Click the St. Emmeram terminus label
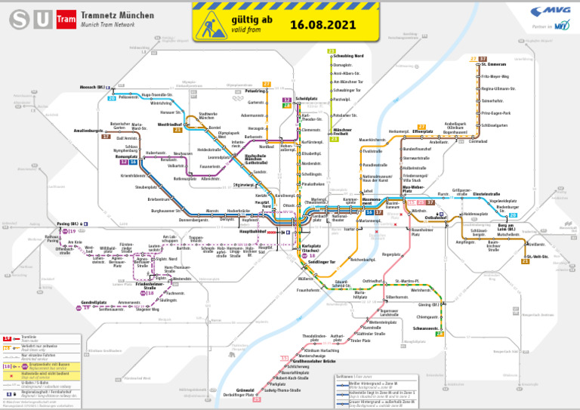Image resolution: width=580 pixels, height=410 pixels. pos(493,65)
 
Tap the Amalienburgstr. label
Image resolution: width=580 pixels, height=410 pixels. pos(88,131)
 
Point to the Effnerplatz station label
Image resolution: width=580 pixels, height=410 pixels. pos(422,131)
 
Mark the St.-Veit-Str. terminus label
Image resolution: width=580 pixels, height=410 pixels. pos(537,257)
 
